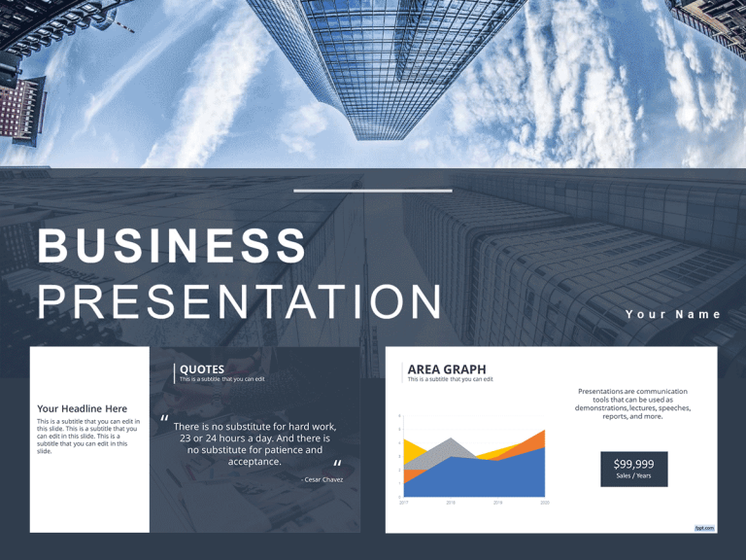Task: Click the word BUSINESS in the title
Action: [x=172, y=245]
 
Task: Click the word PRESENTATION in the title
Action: [x=240, y=301]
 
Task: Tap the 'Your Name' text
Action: [x=673, y=314]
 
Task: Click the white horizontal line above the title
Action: [x=373, y=191]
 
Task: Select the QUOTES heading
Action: [x=202, y=369]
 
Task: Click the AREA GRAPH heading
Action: [x=447, y=369]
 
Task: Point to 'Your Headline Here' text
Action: [x=82, y=408]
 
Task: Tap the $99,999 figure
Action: [x=633, y=464]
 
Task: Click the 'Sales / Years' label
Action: [x=633, y=476]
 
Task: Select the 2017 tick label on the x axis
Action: [x=403, y=503]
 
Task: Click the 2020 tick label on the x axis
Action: [x=545, y=503]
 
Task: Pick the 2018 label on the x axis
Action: [x=451, y=503]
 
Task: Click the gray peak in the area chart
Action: [x=451, y=445]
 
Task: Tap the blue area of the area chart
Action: [x=486, y=476]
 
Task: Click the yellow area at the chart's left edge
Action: [x=409, y=450]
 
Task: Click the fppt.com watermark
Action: [x=704, y=528]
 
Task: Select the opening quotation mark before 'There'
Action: [x=165, y=420]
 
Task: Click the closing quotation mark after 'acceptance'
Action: [x=337, y=465]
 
